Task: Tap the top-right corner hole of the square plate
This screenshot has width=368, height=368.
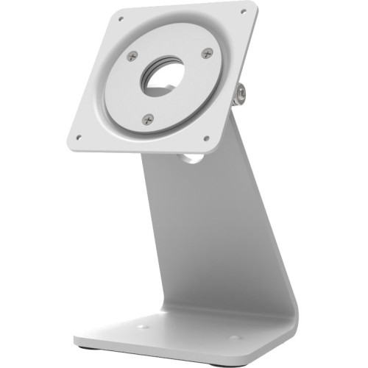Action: coord(243,12)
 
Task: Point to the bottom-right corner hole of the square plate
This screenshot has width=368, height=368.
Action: coord(205,138)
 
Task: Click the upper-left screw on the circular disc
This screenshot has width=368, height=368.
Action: coord(132,55)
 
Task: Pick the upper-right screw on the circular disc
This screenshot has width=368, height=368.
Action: coord(208,53)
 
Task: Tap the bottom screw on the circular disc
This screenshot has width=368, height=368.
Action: coord(148,118)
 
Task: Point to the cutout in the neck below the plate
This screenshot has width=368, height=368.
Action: coord(189,156)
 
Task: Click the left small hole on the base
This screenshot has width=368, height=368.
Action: coord(141,327)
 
